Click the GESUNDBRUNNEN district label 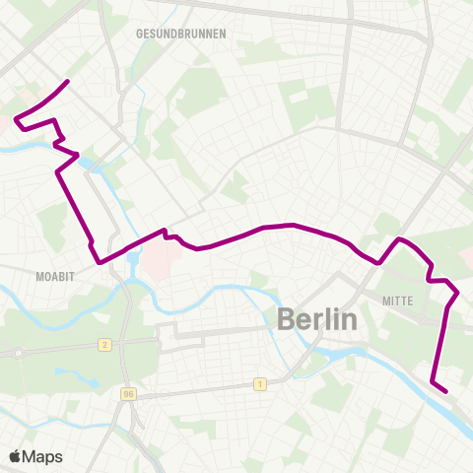click(x=181, y=33)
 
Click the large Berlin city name click(x=315, y=318)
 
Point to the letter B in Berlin click(x=287, y=318)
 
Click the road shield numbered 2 click(x=103, y=344)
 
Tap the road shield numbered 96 click(x=128, y=394)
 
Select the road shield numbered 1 click(x=259, y=384)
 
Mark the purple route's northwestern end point click(x=67, y=81)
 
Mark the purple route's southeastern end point click(x=446, y=391)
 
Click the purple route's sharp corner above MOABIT click(x=99, y=262)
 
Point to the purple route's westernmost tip click(x=15, y=120)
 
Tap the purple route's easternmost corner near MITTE click(x=457, y=293)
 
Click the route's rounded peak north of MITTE click(x=399, y=239)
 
